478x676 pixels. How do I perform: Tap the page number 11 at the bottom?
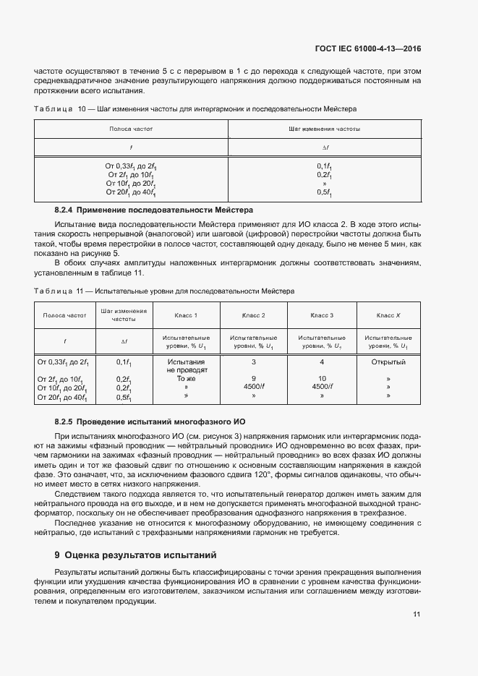coord(417,615)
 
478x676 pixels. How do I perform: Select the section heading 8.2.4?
coord(153,210)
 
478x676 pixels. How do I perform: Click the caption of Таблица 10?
coord(195,108)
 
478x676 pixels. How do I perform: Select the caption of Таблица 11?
coord(164,291)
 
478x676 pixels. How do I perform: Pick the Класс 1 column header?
coord(186,316)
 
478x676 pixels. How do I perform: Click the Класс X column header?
coord(388,316)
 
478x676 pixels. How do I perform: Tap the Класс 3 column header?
coord(322,316)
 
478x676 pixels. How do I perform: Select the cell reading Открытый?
coord(388,361)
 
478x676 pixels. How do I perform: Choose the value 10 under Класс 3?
coord(322,378)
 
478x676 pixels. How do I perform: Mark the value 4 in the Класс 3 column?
coord(322,361)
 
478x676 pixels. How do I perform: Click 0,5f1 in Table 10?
coord(325,192)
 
